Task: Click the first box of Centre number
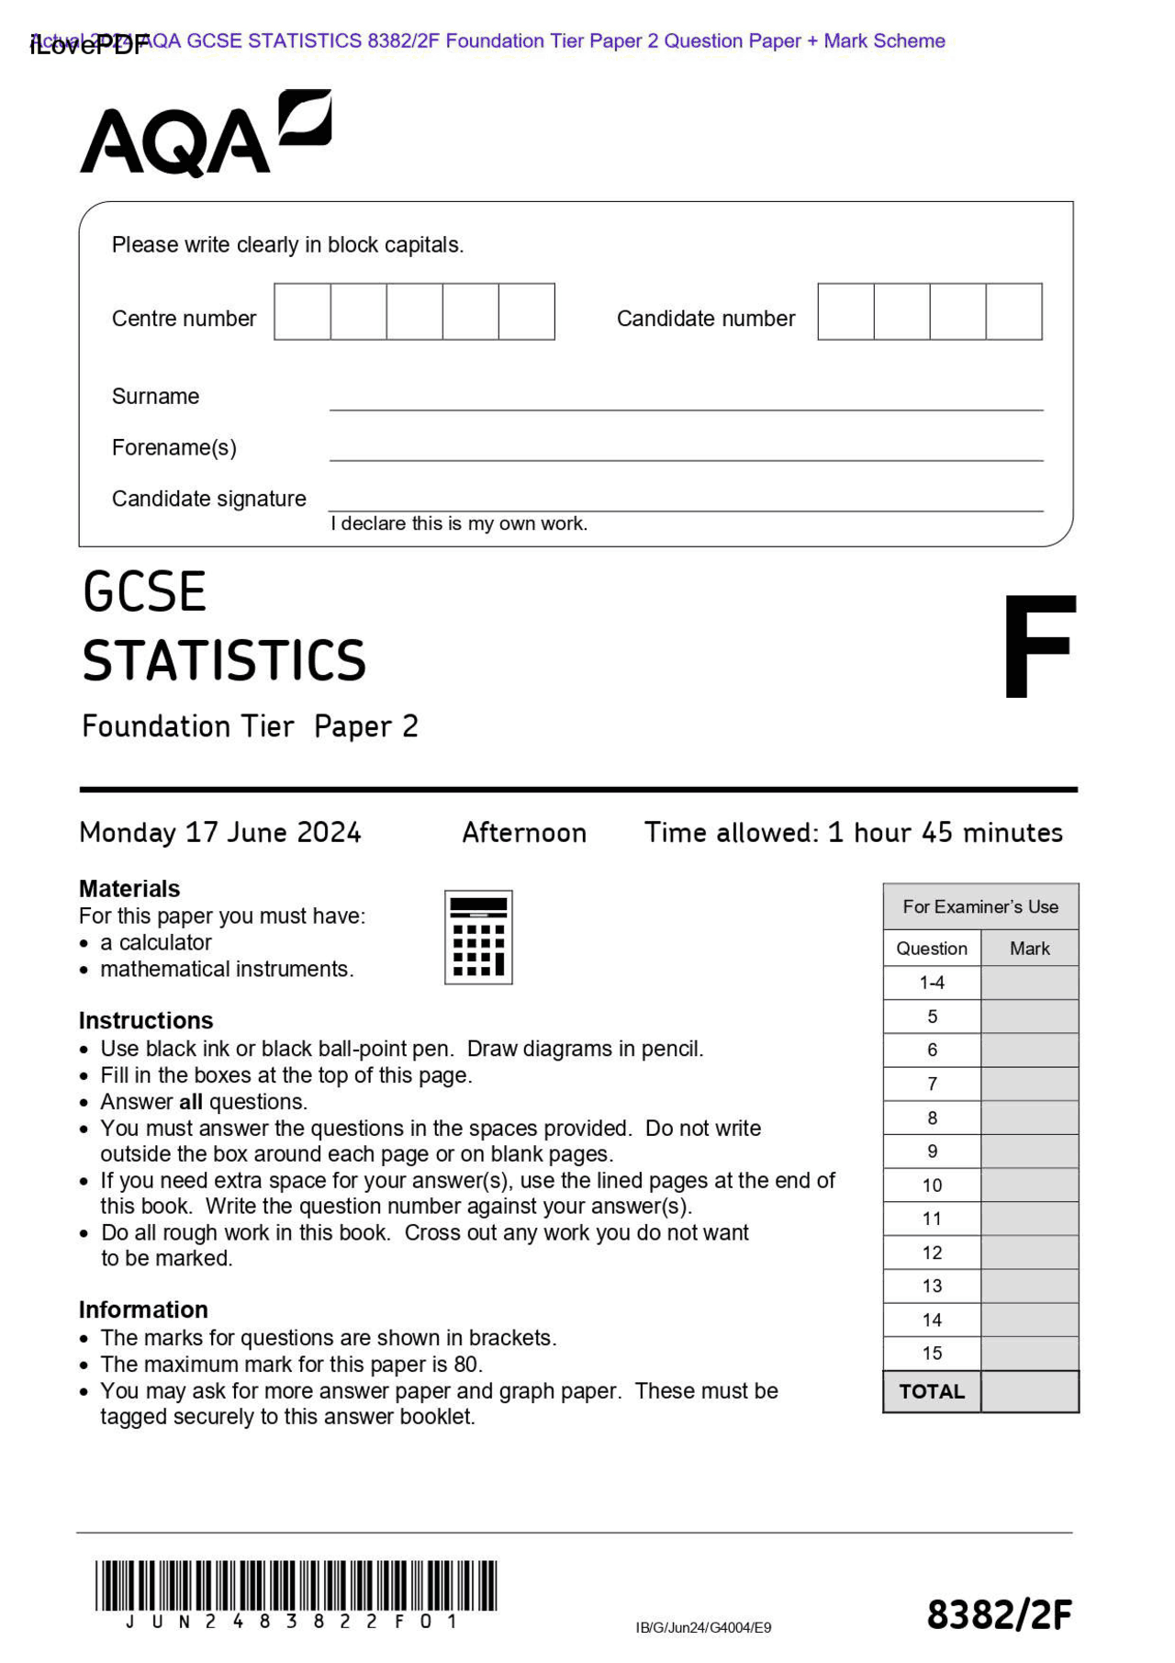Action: (302, 311)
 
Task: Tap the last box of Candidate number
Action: (1013, 311)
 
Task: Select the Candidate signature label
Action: (208, 499)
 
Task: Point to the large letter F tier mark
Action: (1038, 646)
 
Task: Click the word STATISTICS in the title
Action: (224, 661)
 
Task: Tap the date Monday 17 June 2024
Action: (220, 833)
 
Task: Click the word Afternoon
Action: (523, 833)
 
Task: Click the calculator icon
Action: (478, 937)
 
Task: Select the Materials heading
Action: (129, 889)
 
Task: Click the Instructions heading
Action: (146, 1020)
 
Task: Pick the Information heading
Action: (143, 1309)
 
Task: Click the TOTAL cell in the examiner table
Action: (932, 1391)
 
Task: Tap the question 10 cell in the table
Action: (932, 1185)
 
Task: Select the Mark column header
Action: (1029, 949)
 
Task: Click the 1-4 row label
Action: (932, 983)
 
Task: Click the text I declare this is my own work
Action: (459, 523)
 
